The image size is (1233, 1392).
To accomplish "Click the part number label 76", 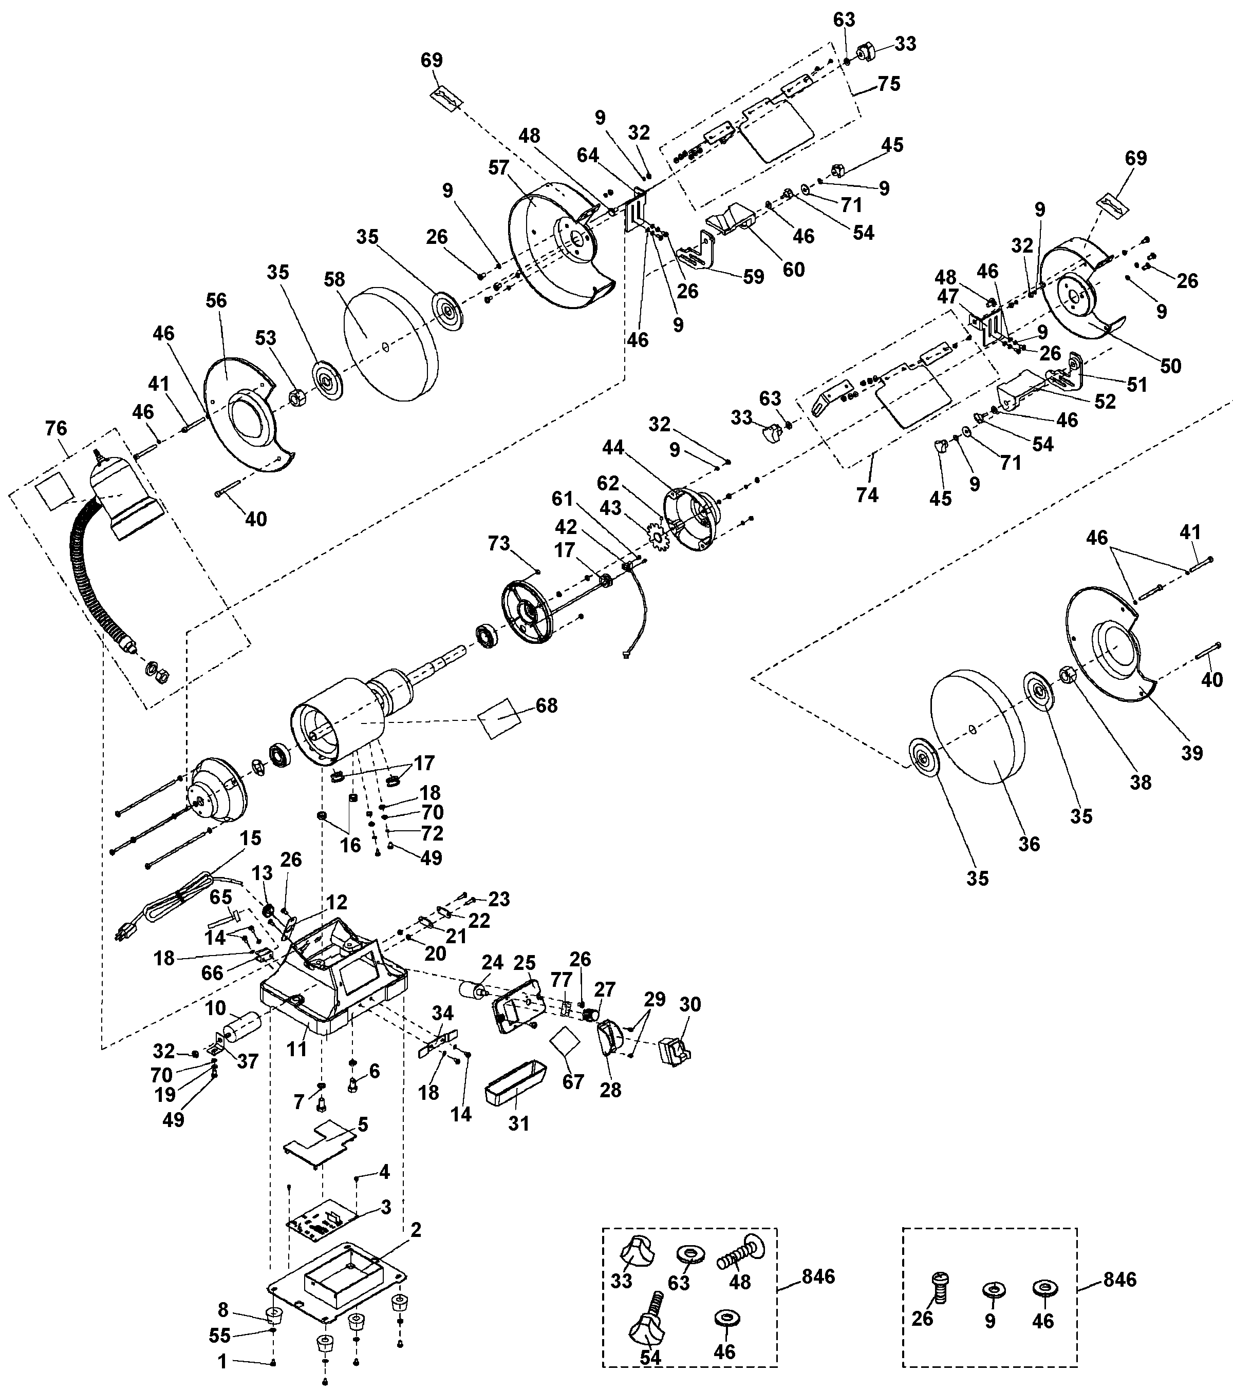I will [56, 428].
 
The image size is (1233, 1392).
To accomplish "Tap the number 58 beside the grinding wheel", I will [334, 280].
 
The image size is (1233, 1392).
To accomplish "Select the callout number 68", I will [546, 705].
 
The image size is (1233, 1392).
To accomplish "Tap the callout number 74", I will [867, 495].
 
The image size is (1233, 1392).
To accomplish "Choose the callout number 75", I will [889, 84].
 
